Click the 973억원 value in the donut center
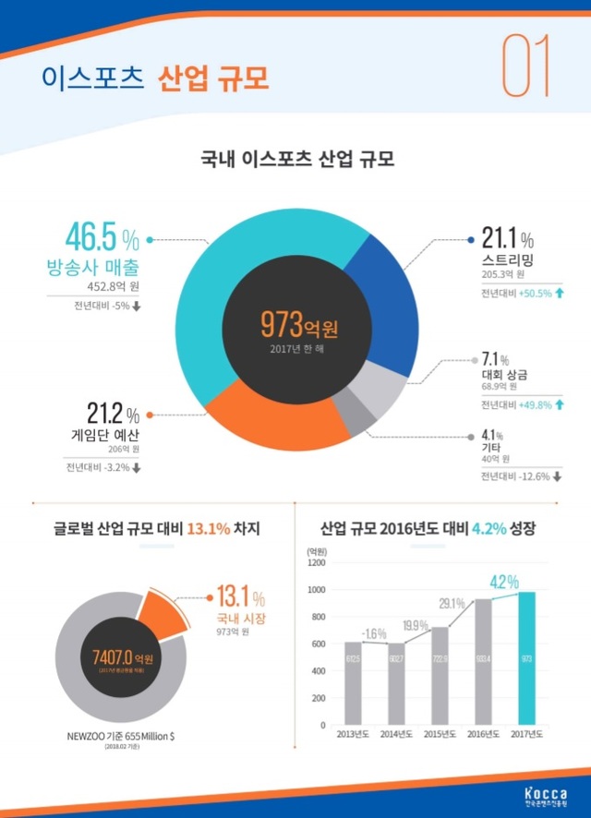pos(298,325)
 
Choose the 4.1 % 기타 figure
pos(492,434)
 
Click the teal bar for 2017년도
pos(525,658)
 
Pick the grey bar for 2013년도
pos(353,681)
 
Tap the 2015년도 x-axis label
pos(439,734)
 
